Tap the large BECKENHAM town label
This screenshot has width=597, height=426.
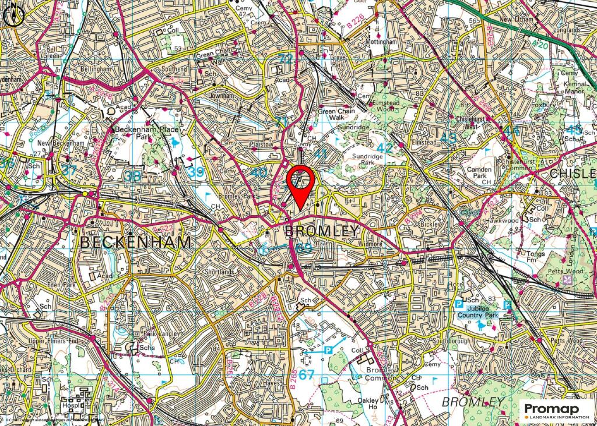point(135,242)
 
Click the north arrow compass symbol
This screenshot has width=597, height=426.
point(13,16)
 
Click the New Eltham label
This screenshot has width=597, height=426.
point(517,19)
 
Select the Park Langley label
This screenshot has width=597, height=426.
point(144,335)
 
